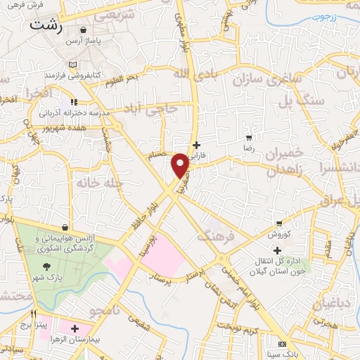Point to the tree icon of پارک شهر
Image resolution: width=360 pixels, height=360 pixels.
point(46,266)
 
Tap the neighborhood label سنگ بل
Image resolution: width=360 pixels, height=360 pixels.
point(302,101)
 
